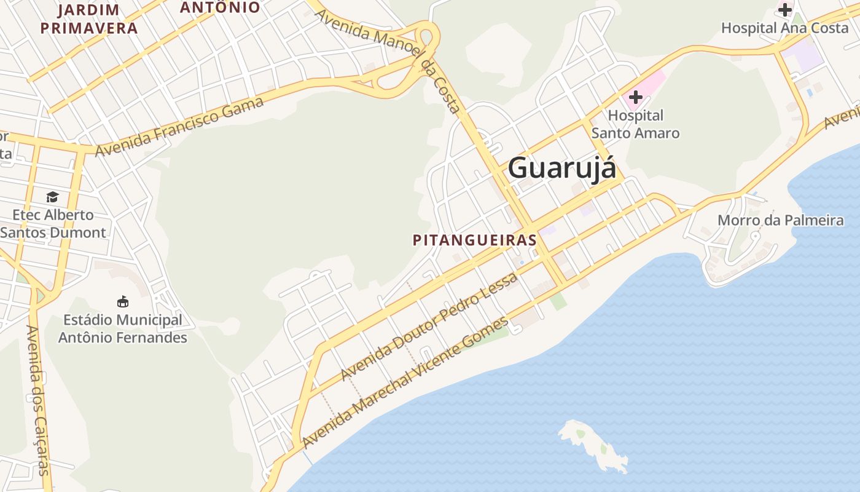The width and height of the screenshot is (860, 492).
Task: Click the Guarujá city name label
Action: tap(561, 168)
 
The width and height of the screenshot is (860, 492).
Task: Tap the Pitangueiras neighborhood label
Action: tap(475, 240)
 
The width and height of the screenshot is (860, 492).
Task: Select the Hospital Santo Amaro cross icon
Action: tap(635, 97)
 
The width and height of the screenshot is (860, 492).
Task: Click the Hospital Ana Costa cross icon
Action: tap(784, 9)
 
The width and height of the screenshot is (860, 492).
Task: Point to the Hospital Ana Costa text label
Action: tap(784, 28)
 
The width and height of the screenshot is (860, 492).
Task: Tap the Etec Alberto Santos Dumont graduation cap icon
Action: tap(53, 197)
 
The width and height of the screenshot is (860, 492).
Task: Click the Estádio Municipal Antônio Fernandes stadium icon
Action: tap(123, 302)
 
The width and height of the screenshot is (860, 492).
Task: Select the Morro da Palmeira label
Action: tap(781, 220)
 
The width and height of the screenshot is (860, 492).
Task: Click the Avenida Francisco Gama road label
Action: tap(180, 126)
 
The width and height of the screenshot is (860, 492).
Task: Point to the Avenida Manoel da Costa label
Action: tap(388, 60)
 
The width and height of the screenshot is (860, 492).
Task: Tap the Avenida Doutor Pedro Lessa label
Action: tap(429, 326)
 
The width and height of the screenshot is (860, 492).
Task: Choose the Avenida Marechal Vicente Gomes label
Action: tap(405, 383)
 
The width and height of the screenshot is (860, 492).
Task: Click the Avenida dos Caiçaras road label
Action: tap(37, 400)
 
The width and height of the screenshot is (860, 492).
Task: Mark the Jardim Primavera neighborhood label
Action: tap(89, 19)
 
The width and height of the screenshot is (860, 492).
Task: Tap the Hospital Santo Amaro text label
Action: tap(635, 124)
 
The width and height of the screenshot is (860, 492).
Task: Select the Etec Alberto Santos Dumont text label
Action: tap(53, 224)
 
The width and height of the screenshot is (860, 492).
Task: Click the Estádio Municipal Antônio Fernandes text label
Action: tap(122, 329)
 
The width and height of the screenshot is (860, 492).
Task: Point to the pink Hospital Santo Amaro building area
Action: tap(652, 83)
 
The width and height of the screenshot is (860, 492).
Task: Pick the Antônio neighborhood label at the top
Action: tap(220, 7)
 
